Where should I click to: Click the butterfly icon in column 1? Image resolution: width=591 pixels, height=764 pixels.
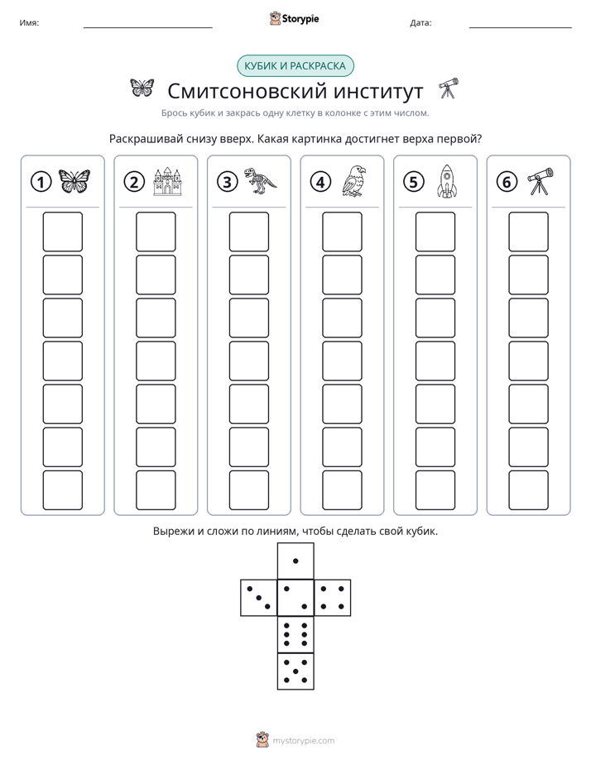74,181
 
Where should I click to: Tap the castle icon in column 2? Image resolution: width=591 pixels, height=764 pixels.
167,181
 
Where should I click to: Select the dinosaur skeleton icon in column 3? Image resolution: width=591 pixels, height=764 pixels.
260,181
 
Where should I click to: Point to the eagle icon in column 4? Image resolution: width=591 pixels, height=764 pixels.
354,181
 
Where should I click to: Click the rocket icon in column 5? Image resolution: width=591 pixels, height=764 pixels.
446,181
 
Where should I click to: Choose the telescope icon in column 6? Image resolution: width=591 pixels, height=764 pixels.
541,181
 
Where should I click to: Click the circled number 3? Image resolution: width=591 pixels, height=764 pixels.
228,182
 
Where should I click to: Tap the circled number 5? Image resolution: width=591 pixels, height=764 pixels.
414,182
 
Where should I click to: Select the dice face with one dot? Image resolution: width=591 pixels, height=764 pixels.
295,561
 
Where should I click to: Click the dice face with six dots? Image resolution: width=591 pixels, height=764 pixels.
295,634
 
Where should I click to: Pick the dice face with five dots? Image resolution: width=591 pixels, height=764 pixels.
295,671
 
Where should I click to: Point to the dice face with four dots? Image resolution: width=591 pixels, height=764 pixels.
333,597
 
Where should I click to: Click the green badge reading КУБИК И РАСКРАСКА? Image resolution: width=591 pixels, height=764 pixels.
295,66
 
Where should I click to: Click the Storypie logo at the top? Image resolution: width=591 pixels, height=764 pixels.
294,18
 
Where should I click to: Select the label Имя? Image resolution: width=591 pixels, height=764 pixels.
29,23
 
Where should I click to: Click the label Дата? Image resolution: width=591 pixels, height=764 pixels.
420,23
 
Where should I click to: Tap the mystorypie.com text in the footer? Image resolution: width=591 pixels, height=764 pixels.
303,741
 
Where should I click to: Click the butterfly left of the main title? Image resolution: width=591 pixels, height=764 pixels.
142,88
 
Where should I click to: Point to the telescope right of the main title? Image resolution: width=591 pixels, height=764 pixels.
448,88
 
